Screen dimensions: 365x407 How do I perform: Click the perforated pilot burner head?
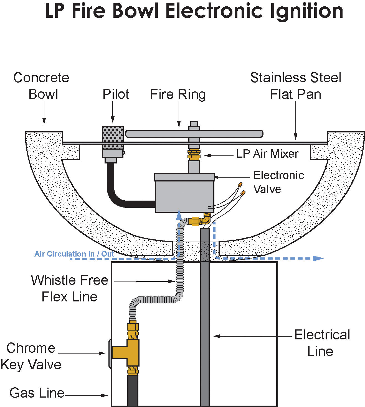113,137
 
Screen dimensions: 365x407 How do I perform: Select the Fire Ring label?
178,94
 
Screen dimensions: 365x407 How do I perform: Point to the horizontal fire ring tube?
194,134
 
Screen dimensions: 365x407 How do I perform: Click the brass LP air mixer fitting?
194,155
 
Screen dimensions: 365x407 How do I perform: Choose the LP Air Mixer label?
267,154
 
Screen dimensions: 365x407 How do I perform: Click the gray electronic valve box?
185,193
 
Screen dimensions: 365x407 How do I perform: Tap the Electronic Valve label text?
278,182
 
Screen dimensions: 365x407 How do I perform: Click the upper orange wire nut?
240,185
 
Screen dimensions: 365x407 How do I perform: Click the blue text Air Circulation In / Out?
74,254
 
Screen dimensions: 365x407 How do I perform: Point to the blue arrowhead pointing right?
318,258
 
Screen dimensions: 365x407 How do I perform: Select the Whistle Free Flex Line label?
70,288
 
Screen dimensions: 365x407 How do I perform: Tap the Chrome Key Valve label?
31,356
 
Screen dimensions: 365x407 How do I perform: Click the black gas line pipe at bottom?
133,391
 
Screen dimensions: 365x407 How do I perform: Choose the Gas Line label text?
37,393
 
